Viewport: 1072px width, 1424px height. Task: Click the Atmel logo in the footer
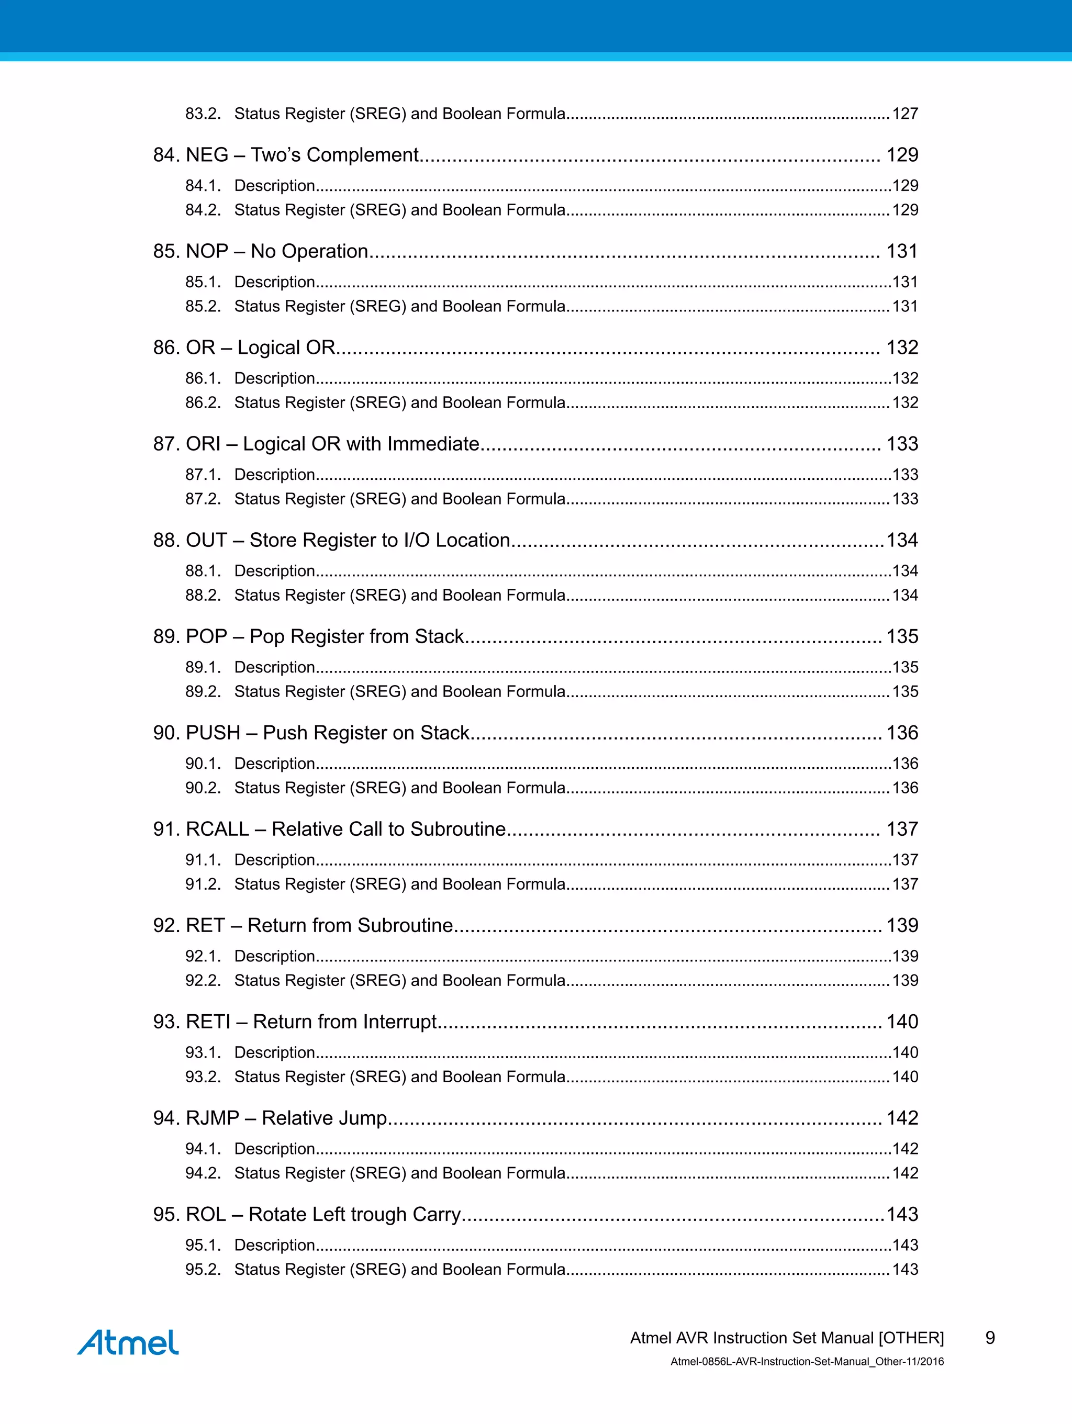pyautogui.click(x=128, y=1342)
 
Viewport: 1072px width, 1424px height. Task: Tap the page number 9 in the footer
pyautogui.click(x=990, y=1338)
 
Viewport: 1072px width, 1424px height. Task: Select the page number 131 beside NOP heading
pyautogui.click(x=901, y=251)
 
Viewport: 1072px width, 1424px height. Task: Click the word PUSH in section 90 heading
pyautogui.click(x=213, y=733)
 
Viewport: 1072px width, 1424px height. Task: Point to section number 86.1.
pyautogui.click(x=202, y=378)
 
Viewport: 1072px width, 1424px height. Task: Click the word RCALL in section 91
pyautogui.click(x=217, y=829)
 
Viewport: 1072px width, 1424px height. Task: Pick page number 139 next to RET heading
pyautogui.click(x=901, y=925)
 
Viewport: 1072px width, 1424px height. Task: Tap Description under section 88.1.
pyautogui.click(x=274, y=571)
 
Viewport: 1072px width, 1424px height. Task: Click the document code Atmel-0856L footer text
pyautogui.click(x=807, y=1362)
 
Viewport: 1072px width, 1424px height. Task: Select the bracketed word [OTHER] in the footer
pyautogui.click(x=910, y=1338)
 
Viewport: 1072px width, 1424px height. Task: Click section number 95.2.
pyautogui.click(x=202, y=1270)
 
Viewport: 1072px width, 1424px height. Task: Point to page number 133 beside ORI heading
pyautogui.click(x=901, y=444)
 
